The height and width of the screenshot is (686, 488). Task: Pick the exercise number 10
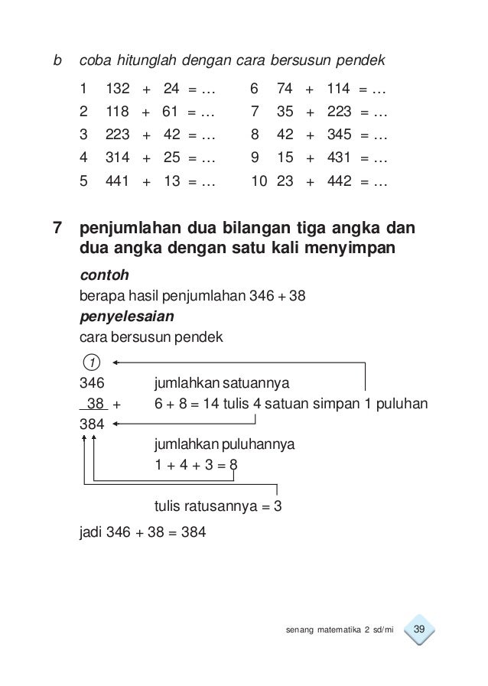tap(258, 183)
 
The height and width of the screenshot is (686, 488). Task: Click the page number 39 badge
tap(418, 629)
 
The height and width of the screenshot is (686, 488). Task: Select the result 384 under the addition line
tap(91, 423)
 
